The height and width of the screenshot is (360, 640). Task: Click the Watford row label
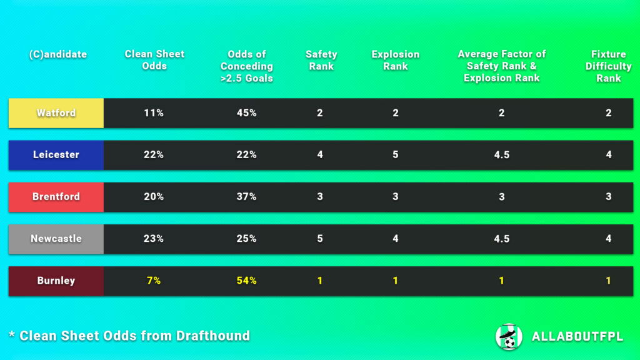[x=56, y=113]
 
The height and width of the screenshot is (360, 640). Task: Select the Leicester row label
[x=56, y=154]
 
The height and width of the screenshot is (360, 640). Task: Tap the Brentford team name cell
[x=56, y=196]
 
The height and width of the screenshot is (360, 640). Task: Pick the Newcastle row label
[x=56, y=238]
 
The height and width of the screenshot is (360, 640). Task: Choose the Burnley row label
[x=56, y=281]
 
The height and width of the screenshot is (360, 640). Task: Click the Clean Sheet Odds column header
[x=154, y=60]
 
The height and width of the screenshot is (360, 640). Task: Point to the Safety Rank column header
[x=321, y=60]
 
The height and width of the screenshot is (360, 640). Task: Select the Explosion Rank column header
[x=395, y=60]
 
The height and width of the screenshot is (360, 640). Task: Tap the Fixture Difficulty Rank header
[x=608, y=66]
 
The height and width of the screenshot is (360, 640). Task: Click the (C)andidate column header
[x=57, y=54]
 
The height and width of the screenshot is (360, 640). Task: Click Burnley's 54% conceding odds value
[x=246, y=281]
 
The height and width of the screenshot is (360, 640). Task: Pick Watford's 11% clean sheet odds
[x=154, y=113]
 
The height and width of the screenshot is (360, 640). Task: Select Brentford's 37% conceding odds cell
[x=246, y=196]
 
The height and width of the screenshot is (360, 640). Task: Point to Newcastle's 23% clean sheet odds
[x=154, y=238]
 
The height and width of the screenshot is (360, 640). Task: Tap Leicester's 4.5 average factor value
[x=501, y=154]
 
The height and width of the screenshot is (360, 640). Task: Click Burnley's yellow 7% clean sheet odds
[x=154, y=281]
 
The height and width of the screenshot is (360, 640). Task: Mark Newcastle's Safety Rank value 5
[x=320, y=238]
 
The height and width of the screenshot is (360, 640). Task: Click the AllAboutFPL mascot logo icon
[x=509, y=336]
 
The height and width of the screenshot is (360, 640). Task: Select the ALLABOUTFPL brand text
[x=577, y=337]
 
